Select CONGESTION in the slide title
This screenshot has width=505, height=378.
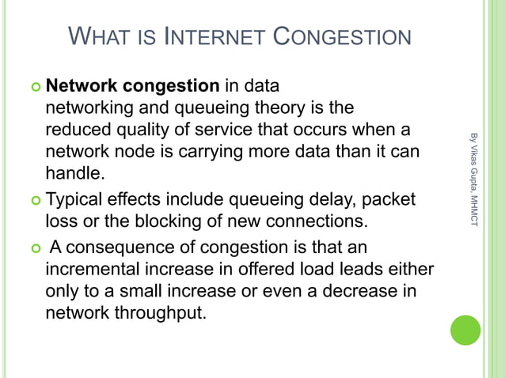click(x=342, y=37)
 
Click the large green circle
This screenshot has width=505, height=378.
click(x=465, y=330)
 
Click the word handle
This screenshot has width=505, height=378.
click(x=73, y=172)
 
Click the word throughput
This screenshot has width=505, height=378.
click(x=162, y=312)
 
